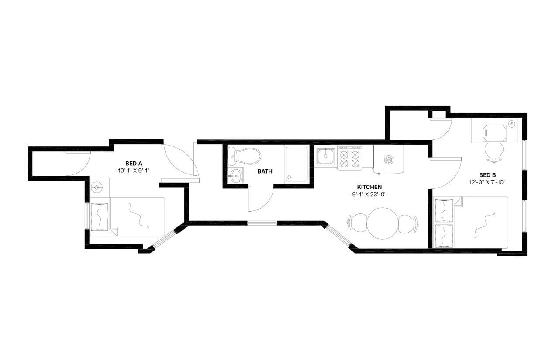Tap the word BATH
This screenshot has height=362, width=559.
click(x=265, y=171)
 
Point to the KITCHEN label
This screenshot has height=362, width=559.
click(x=369, y=187)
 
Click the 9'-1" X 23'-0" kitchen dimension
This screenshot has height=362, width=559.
click(x=369, y=194)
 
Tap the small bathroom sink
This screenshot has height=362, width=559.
click(x=235, y=176)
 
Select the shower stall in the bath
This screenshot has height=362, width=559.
click(x=297, y=164)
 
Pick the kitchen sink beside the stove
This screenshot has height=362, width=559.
click(x=326, y=157)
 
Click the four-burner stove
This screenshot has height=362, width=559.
click(x=350, y=158)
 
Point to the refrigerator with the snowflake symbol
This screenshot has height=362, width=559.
click(x=388, y=160)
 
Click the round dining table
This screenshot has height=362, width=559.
click(x=382, y=223)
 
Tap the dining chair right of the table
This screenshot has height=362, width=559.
click(x=407, y=223)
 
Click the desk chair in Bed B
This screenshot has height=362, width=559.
click(x=494, y=151)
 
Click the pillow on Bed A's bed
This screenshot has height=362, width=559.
click(x=100, y=216)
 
